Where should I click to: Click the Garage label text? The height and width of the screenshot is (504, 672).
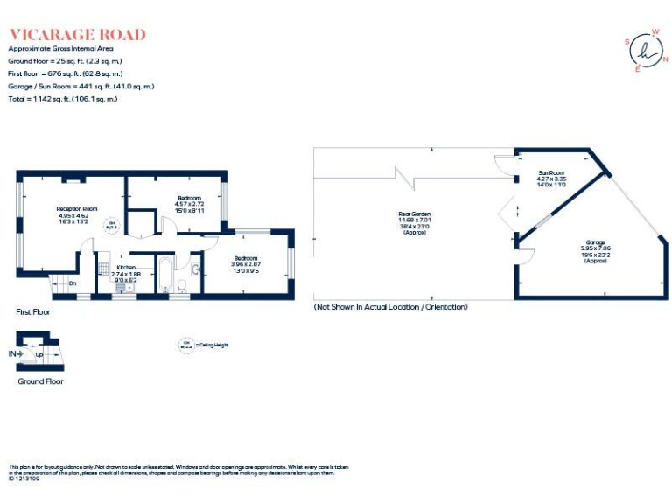594,248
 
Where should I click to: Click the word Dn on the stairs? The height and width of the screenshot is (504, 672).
72,283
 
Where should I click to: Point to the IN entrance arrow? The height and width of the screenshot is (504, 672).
14,353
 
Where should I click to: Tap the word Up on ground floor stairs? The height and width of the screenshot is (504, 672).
39,355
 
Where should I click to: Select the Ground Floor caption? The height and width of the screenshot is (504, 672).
40,381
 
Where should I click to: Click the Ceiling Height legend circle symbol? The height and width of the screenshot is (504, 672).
186,345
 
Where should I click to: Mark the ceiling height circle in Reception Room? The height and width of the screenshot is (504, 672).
112,224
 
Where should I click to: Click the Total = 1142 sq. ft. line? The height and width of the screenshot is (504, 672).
62,99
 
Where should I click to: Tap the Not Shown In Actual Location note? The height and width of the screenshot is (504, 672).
390,307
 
